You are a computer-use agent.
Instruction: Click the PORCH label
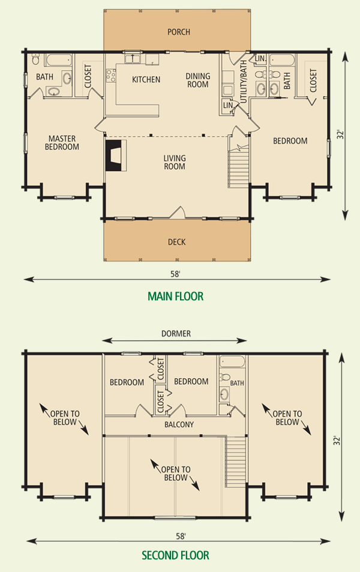(x=179, y=32)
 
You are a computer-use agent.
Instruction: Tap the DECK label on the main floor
(x=177, y=242)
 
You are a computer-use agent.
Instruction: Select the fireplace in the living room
(x=114, y=156)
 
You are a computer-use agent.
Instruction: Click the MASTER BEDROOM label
(x=62, y=143)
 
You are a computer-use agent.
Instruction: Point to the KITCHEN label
(x=146, y=80)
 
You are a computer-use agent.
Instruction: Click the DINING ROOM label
(x=197, y=80)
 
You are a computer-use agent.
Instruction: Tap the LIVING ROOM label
(x=175, y=162)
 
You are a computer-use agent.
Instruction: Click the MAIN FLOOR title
(x=175, y=296)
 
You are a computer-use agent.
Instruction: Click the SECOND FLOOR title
(x=175, y=556)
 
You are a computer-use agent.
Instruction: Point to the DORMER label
(x=176, y=334)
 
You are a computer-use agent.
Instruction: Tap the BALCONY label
(x=179, y=425)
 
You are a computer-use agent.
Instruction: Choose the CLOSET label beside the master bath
(x=88, y=77)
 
